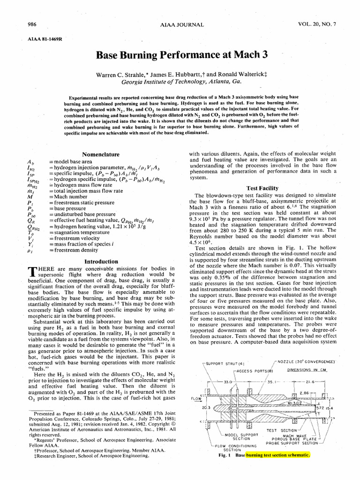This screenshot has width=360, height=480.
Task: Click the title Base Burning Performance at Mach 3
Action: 182,54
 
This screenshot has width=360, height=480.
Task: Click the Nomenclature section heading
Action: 101,154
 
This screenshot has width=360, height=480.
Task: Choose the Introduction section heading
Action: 101,261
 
